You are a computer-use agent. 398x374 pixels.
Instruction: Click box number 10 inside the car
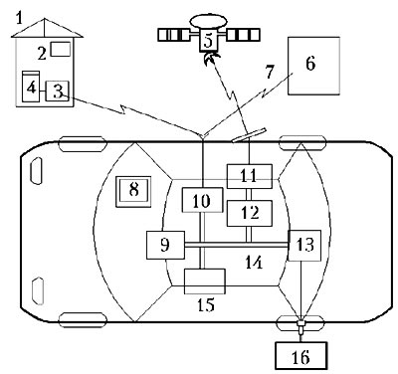202,200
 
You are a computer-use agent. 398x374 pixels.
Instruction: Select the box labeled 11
249,176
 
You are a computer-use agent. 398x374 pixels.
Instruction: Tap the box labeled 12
250,213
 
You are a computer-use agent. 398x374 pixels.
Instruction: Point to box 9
165,245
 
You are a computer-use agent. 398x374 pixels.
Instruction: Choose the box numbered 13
304,246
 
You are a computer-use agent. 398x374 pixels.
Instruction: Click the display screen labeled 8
133,192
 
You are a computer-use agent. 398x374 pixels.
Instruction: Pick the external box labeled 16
301,356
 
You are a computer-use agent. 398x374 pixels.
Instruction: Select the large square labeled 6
313,66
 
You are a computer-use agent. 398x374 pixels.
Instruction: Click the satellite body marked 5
208,41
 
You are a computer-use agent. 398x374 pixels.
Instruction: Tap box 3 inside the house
57,91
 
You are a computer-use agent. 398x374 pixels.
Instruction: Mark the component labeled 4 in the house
31,87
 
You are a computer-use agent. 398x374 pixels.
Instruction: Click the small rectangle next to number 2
61,49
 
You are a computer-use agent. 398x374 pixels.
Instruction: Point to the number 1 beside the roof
20,18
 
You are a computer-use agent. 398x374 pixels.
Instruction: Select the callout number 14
254,263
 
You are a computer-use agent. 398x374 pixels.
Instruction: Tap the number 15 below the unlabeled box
206,304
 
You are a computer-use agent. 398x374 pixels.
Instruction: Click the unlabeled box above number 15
205,281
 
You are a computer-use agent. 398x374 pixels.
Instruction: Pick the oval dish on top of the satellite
208,21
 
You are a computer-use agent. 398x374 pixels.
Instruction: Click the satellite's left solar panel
174,35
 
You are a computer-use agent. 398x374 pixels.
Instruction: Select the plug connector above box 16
301,326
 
